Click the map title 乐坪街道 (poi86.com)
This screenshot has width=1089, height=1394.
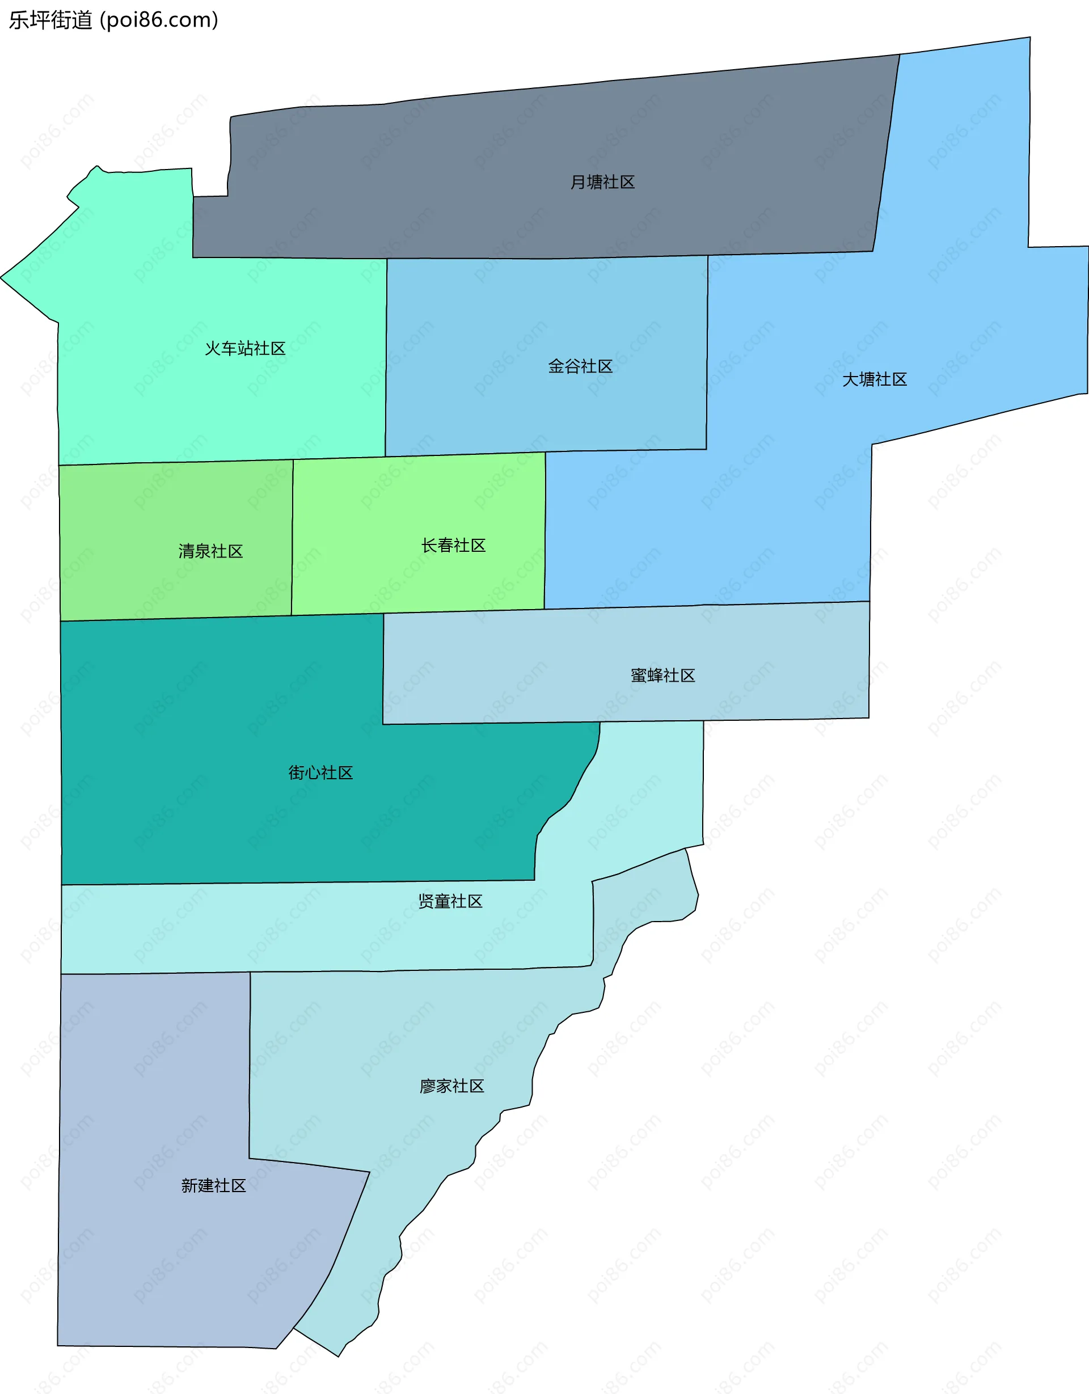point(113,20)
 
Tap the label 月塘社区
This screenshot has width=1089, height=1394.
point(602,183)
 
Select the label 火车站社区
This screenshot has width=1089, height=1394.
point(244,348)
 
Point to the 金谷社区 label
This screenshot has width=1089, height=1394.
point(580,366)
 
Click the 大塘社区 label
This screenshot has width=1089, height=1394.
point(874,380)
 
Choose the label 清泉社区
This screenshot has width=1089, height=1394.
point(210,551)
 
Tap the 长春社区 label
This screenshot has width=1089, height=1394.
point(453,546)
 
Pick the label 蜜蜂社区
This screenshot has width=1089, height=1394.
point(662,676)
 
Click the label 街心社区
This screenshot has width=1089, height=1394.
point(320,773)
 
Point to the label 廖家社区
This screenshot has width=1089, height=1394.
point(451,1087)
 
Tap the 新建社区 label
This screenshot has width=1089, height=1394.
point(213,1186)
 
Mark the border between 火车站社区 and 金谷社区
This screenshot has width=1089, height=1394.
point(386,357)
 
